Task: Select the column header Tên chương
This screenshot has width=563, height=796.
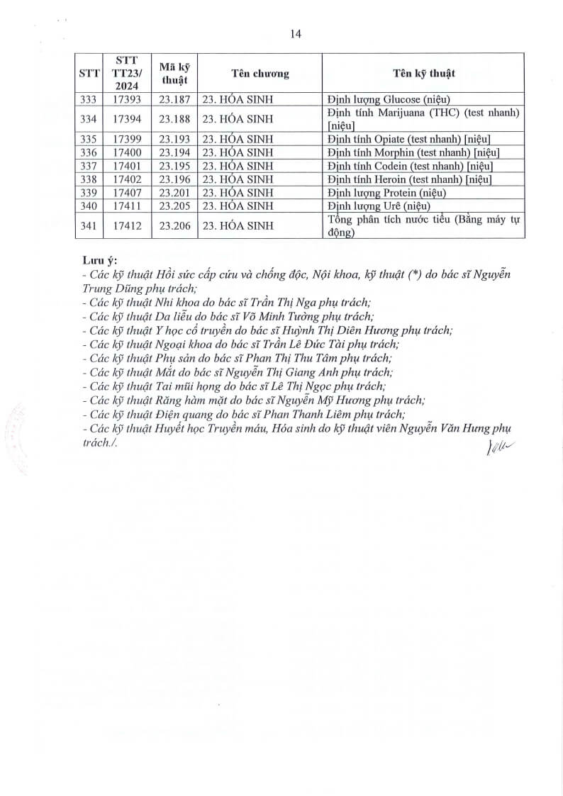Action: point(260,74)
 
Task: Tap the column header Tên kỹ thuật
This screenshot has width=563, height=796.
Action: point(424,74)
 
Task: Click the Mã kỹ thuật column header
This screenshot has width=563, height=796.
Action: point(174,74)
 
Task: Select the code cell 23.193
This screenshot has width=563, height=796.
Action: point(174,139)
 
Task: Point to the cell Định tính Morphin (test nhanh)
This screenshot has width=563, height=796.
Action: point(413,152)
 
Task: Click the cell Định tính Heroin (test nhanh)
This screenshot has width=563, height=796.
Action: point(410,179)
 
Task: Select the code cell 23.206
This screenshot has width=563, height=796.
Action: point(174,226)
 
